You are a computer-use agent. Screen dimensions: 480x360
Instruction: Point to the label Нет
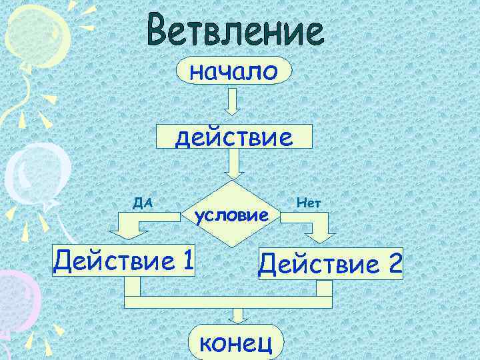[x=308, y=201]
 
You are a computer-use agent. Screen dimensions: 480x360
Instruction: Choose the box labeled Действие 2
[x=331, y=265]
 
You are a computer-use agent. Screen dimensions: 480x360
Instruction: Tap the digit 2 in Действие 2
[x=392, y=265]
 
